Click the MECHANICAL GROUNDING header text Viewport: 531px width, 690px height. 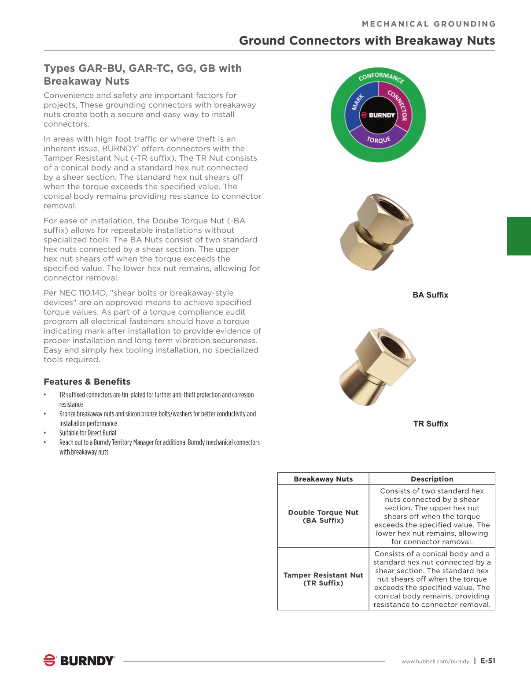click(x=428, y=24)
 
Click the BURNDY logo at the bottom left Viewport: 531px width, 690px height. click(x=79, y=660)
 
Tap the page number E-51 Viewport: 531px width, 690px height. click(x=488, y=660)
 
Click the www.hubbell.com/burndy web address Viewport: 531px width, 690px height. click(x=435, y=661)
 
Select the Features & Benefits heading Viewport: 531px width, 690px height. click(x=87, y=382)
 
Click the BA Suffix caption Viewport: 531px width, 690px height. click(x=430, y=295)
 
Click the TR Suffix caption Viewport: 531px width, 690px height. click(x=430, y=424)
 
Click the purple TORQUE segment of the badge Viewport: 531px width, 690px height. click(x=379, y=140)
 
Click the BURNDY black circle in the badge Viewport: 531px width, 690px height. click(x=379, y=115)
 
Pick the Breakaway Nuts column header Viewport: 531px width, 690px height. click(x=323, y=479)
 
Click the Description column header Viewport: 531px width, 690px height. click(x=431, y=479)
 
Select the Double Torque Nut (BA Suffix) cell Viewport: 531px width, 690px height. click(x=323, y=516)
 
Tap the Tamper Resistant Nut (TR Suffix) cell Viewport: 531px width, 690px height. click(x=323, y=579)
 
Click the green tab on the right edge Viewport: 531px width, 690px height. click(x=519, y=236)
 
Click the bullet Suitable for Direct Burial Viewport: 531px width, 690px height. click(x=88, y=433)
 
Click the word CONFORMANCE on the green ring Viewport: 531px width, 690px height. click(x=380, y=77)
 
